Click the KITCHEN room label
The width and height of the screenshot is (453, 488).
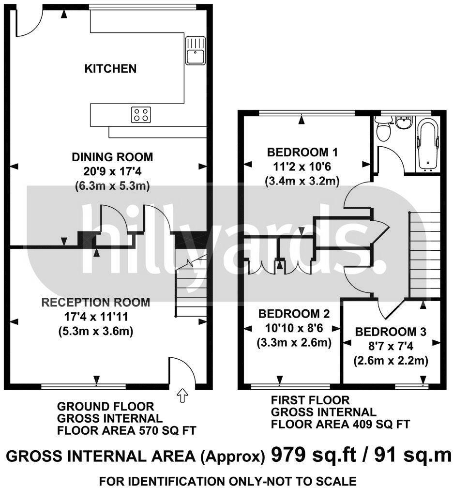click(110, 69)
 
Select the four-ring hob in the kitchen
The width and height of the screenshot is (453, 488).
click(141, 115)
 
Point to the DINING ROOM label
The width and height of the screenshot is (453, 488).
click(112, 157)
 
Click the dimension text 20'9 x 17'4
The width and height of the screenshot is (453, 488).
click(112, 171)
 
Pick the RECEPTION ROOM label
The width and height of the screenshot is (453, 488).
click(96, 303)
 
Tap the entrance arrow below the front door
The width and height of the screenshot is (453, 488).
click(182, 396)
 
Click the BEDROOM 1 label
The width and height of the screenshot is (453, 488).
click(302, 152)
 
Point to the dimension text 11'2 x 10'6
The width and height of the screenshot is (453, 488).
click(302, 167)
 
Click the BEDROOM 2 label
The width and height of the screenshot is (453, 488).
click(294, 313)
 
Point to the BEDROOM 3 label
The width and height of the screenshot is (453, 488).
click(390, 332)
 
